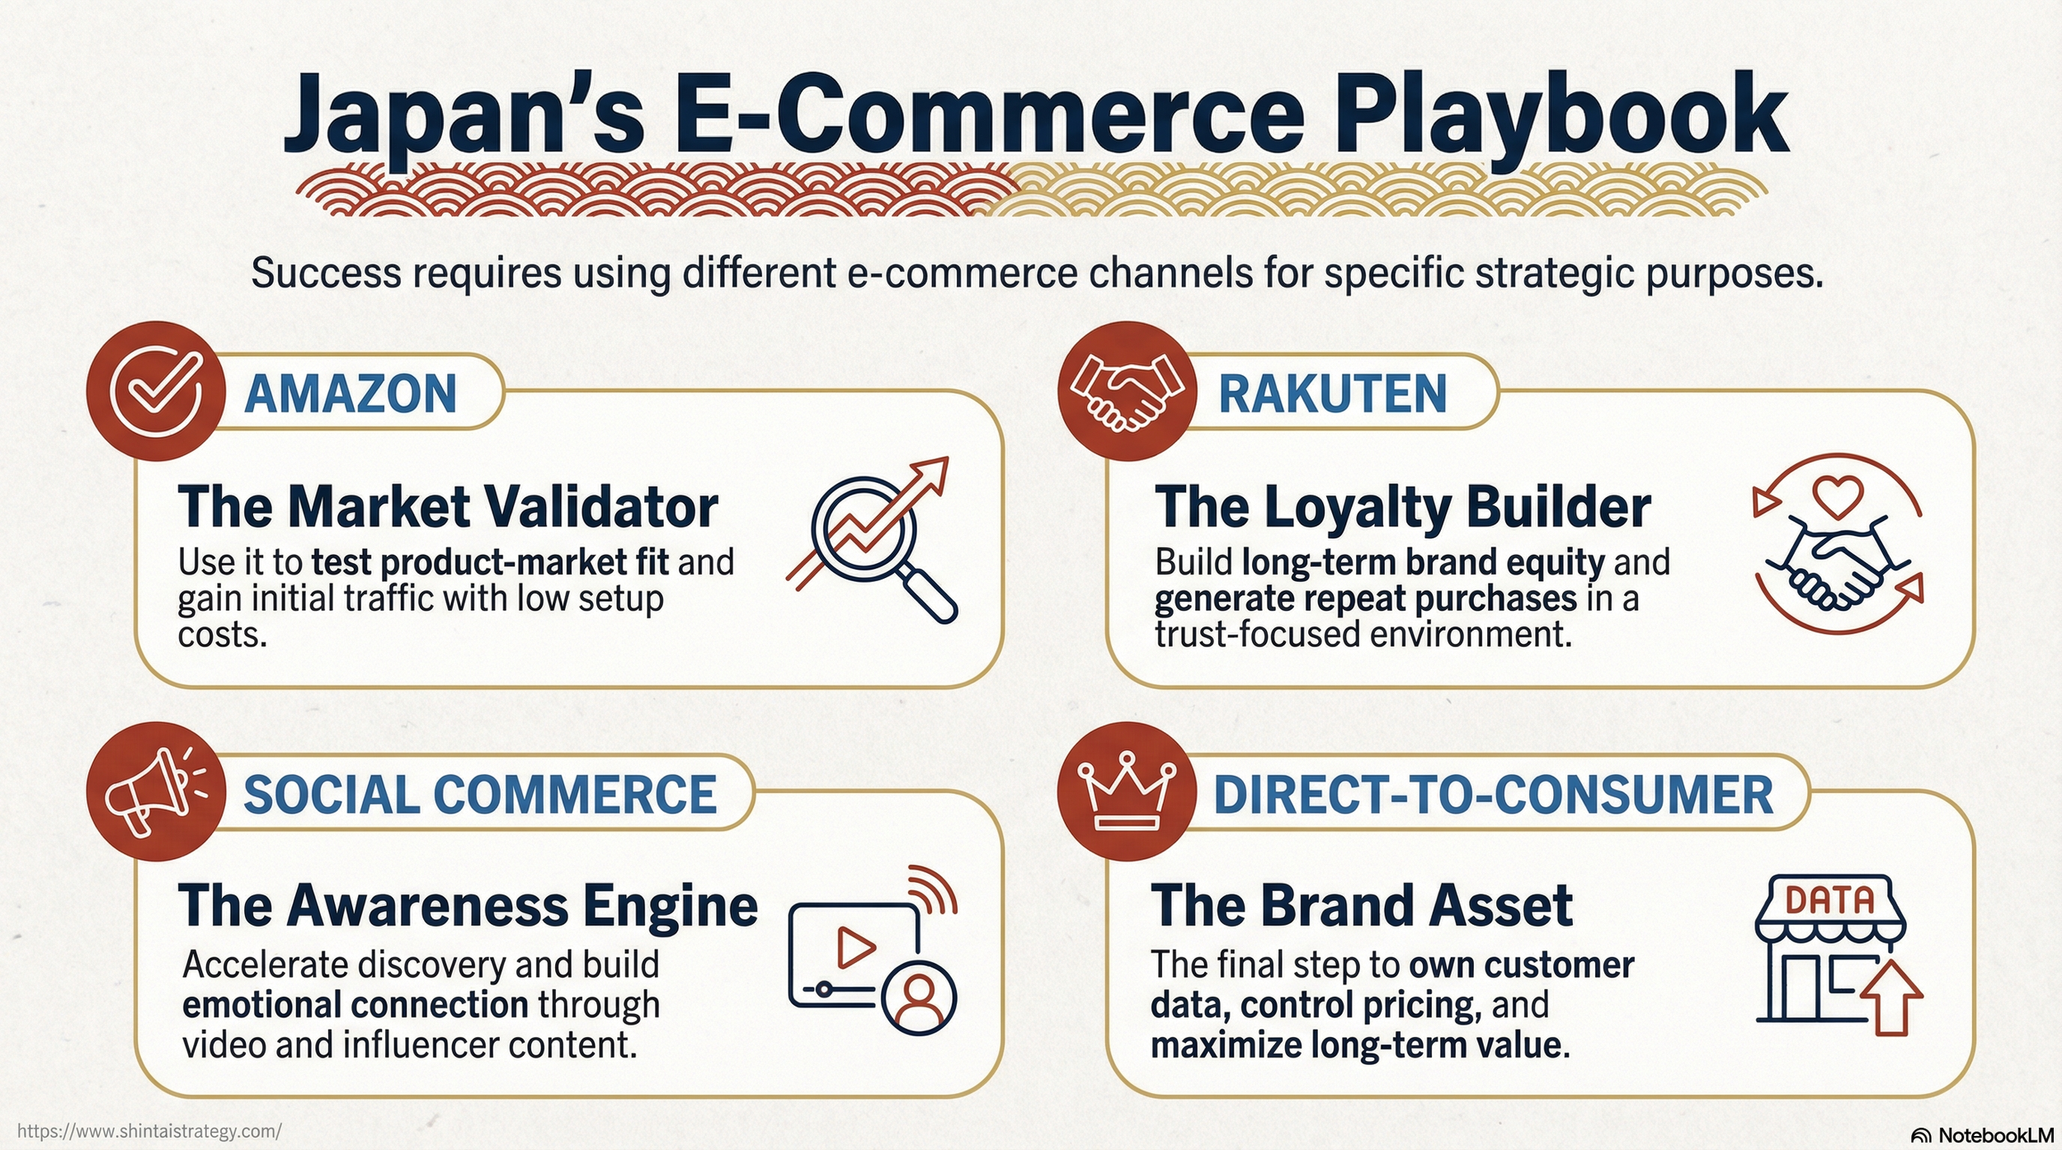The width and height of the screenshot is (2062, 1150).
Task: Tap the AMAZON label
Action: click(x=351, y=393)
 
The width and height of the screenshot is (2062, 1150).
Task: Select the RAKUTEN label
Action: click(x=1333, y=393)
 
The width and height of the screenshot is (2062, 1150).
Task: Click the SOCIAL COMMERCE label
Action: click(x=480, y=795)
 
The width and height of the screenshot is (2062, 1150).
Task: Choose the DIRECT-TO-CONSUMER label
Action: click(x=1494, y=795)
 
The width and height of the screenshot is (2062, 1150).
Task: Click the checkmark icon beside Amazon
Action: click(x=156, y=392)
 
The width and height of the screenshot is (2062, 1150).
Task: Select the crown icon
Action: click(x=1127, y=791)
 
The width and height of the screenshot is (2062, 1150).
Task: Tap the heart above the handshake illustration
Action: click(x=1838, y=497)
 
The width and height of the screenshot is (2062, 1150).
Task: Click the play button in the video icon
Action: click(x=855, y=948)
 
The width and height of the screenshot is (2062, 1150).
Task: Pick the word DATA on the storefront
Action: click(x=1829, y=900)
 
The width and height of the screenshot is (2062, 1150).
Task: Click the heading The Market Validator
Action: click(x=448, y=506)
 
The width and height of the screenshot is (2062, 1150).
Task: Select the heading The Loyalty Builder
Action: click(x=1403, y=506)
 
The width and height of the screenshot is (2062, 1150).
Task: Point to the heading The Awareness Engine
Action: click(x=468, y=906)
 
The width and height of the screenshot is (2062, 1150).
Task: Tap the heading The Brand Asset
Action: click(x=1362, y=906)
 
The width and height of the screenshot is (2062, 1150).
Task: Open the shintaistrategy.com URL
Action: click(x=149, y=1130)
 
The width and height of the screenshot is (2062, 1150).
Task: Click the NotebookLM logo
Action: click(x=1983, y=1135)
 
